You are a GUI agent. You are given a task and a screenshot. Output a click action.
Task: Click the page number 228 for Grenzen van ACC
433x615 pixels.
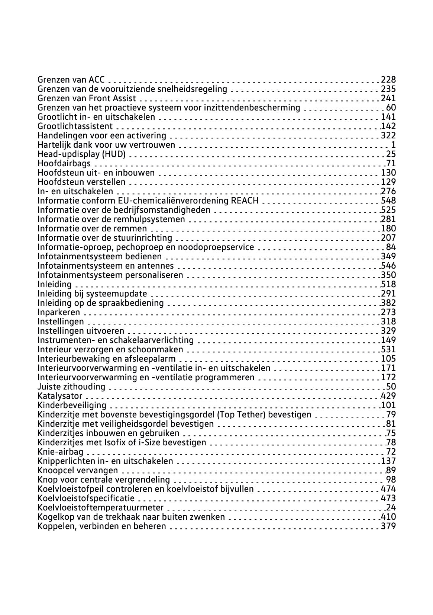click(x=388, y=80)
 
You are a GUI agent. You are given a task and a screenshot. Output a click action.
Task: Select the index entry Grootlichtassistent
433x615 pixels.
click(x=75, y=126)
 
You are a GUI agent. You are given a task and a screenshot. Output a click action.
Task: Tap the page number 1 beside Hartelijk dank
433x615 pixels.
click(x=393, y=145)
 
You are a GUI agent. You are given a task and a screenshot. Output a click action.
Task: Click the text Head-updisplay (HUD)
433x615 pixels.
click(x=81, y=154)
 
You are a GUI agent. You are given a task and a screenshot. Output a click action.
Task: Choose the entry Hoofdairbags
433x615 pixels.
click(x=64, y=163)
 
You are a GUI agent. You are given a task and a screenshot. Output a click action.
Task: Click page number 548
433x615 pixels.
click(x=388, y=201)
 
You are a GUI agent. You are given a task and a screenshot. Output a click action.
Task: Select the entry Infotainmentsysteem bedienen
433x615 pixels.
click(x=100, y=256)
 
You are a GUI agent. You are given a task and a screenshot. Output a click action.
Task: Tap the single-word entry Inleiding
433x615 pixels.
click(x=55, y=284)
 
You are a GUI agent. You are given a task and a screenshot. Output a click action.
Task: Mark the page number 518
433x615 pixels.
click(x=388, y=284)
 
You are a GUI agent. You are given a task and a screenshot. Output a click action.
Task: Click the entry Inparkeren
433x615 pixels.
click(x=59, y=312)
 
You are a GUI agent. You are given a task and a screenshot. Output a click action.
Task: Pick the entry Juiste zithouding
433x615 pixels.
click(x=71, y=387)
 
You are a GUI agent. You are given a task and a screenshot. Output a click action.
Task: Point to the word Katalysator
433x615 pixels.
click(x=60, y=396)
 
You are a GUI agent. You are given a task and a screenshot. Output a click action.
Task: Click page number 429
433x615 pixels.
click(x=388, y=396)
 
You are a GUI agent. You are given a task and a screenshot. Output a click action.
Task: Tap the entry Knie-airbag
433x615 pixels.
click(x=61, y=452)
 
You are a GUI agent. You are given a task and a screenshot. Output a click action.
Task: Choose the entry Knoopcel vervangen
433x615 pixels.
click(x=78, y=470)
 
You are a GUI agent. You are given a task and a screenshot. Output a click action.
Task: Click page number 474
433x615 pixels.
click(x=388, y=489)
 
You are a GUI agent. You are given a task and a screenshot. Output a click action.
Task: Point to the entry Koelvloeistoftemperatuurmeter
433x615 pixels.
click(x=100, y=507)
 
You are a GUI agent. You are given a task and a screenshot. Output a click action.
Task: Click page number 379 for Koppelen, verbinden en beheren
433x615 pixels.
click(x=388, y=526)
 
